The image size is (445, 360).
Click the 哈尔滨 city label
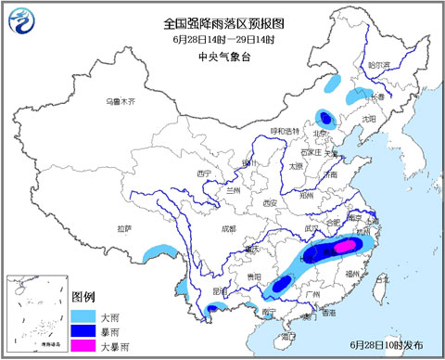pyautogui.click(x=380, y=65)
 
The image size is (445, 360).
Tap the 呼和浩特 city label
pyautogui.click(x=286, y=131)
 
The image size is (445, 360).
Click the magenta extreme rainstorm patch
pyautogui.click(x=343, y=247)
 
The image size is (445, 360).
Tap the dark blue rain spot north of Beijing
pyautogui.click(x=324, y=117)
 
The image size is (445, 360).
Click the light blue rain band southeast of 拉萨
pyautogui.click(x=160, y=250)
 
